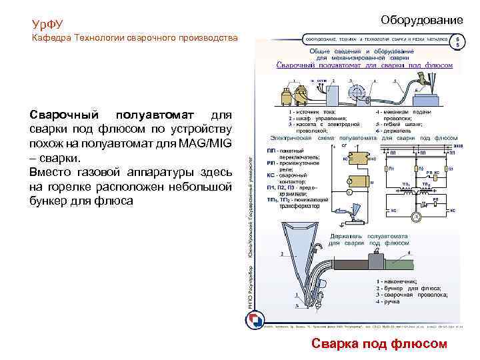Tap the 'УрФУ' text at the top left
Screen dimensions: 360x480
coord(47,25)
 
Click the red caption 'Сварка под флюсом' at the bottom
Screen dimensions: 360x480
coord(379,343)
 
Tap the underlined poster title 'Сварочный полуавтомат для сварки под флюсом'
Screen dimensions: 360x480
coord(365,65)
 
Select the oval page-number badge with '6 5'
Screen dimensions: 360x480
coord(458,41)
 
